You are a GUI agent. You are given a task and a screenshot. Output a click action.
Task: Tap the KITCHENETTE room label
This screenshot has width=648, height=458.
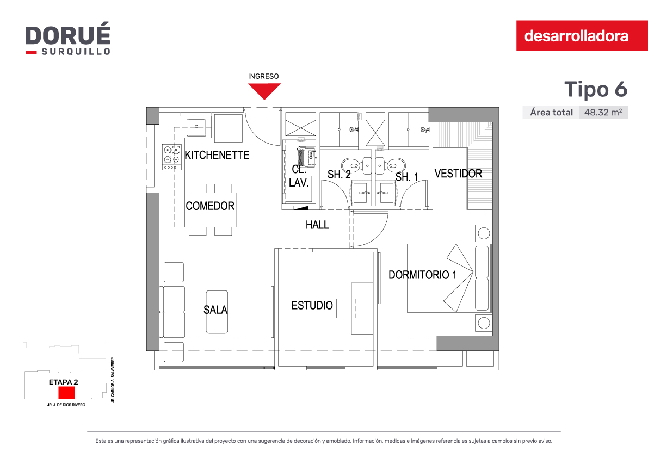click(x=217, y=155)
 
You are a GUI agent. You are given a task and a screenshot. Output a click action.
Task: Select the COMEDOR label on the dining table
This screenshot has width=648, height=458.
click(x=210, y=206)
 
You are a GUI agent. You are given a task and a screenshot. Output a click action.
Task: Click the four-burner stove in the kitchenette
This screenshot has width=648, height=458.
click(x=172, y=157)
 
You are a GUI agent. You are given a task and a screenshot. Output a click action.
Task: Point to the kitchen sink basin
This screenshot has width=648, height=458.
click(x=196, y=127)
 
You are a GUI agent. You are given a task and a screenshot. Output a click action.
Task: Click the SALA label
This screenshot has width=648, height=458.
click(x=215, y=310)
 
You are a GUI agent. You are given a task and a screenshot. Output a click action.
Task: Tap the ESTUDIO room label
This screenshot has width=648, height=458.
click(x=312, y=306)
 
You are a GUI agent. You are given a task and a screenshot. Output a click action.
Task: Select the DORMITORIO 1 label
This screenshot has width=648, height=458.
click(x=422, y=275)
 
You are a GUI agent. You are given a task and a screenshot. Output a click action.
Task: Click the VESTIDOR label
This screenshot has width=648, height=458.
click(x=458, y=174)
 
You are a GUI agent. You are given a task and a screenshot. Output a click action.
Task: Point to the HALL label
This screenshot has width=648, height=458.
click(x=317, y=225)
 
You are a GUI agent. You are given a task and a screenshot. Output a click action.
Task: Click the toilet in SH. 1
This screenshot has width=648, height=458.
click(x=391, y=165)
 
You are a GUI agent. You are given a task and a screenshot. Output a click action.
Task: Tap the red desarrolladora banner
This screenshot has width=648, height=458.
click(x=582, y=35)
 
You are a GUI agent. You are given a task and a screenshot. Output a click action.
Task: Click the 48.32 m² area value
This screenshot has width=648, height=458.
click(x=603, y=113)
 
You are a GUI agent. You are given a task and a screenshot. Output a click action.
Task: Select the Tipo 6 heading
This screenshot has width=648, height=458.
click(x=596, y=89)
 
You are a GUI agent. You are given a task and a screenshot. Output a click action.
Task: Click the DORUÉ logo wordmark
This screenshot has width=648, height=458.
click(x=68, y=35)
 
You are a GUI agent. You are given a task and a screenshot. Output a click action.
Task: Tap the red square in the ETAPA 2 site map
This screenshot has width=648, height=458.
click(x=66, y=393)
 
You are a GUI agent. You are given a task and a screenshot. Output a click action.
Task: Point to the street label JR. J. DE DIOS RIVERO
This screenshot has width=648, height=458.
click(x=66, y=405)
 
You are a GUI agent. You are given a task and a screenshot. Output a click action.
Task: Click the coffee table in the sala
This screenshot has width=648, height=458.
click(x=217, y=312)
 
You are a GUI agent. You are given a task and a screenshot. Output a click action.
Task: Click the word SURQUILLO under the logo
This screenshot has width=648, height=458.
click(x=76, y=52)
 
